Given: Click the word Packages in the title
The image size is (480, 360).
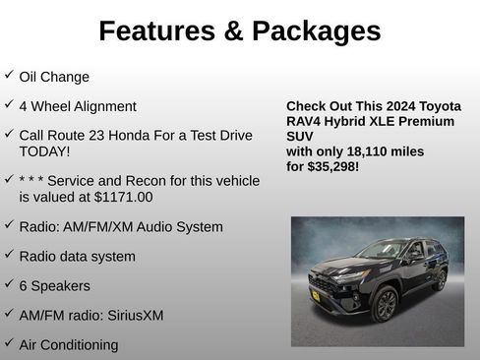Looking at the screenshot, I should click(x=317, y=31).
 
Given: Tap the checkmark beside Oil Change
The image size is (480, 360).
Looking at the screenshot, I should click(x=9, y=75).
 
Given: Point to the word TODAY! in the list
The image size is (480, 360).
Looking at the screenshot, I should click(x=45, y=151).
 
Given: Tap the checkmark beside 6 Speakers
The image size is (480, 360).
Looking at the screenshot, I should click(x=9, y=284).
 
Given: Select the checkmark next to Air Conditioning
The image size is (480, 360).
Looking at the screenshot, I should click(x=9, y=343).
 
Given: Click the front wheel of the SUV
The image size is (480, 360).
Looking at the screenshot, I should click(x=385, y=304).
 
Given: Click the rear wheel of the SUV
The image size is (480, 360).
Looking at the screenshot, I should click(x=439, y=280).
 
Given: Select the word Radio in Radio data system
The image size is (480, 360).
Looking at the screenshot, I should click(x=37, y=257).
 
